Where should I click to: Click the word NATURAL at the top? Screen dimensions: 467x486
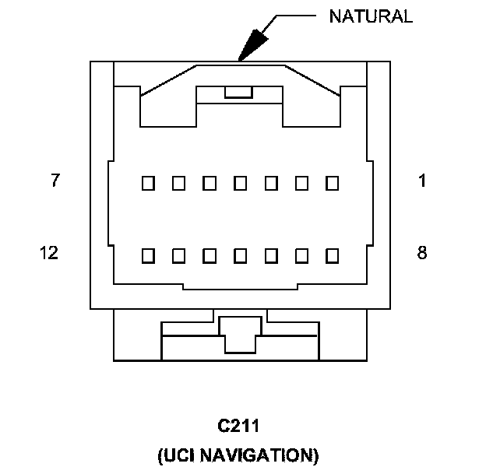(370, 16)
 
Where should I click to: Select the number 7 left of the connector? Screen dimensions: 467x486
(55, 181)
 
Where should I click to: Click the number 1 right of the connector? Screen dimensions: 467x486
(421, 181)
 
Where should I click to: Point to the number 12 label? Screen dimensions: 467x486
(49, 253)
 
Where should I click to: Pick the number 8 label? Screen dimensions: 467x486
(421, 253)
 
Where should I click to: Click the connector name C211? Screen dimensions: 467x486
(238, 427)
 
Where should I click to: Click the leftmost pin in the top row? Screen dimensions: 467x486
(148, 184)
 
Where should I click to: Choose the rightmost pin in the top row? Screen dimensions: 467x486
(333, 184)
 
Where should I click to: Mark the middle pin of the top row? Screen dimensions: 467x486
(240, 184)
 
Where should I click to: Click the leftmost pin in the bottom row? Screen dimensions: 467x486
(148, 255)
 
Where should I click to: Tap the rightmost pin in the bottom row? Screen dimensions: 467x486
(333, 255)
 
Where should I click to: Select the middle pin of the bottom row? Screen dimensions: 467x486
(240, 255)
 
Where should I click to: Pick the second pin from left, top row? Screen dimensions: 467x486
(178, 184)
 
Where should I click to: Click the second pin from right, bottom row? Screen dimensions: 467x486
(302, 255)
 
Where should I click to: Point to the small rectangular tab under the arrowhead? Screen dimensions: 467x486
(238, 93)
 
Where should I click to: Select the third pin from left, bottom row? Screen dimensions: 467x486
(209, 255)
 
